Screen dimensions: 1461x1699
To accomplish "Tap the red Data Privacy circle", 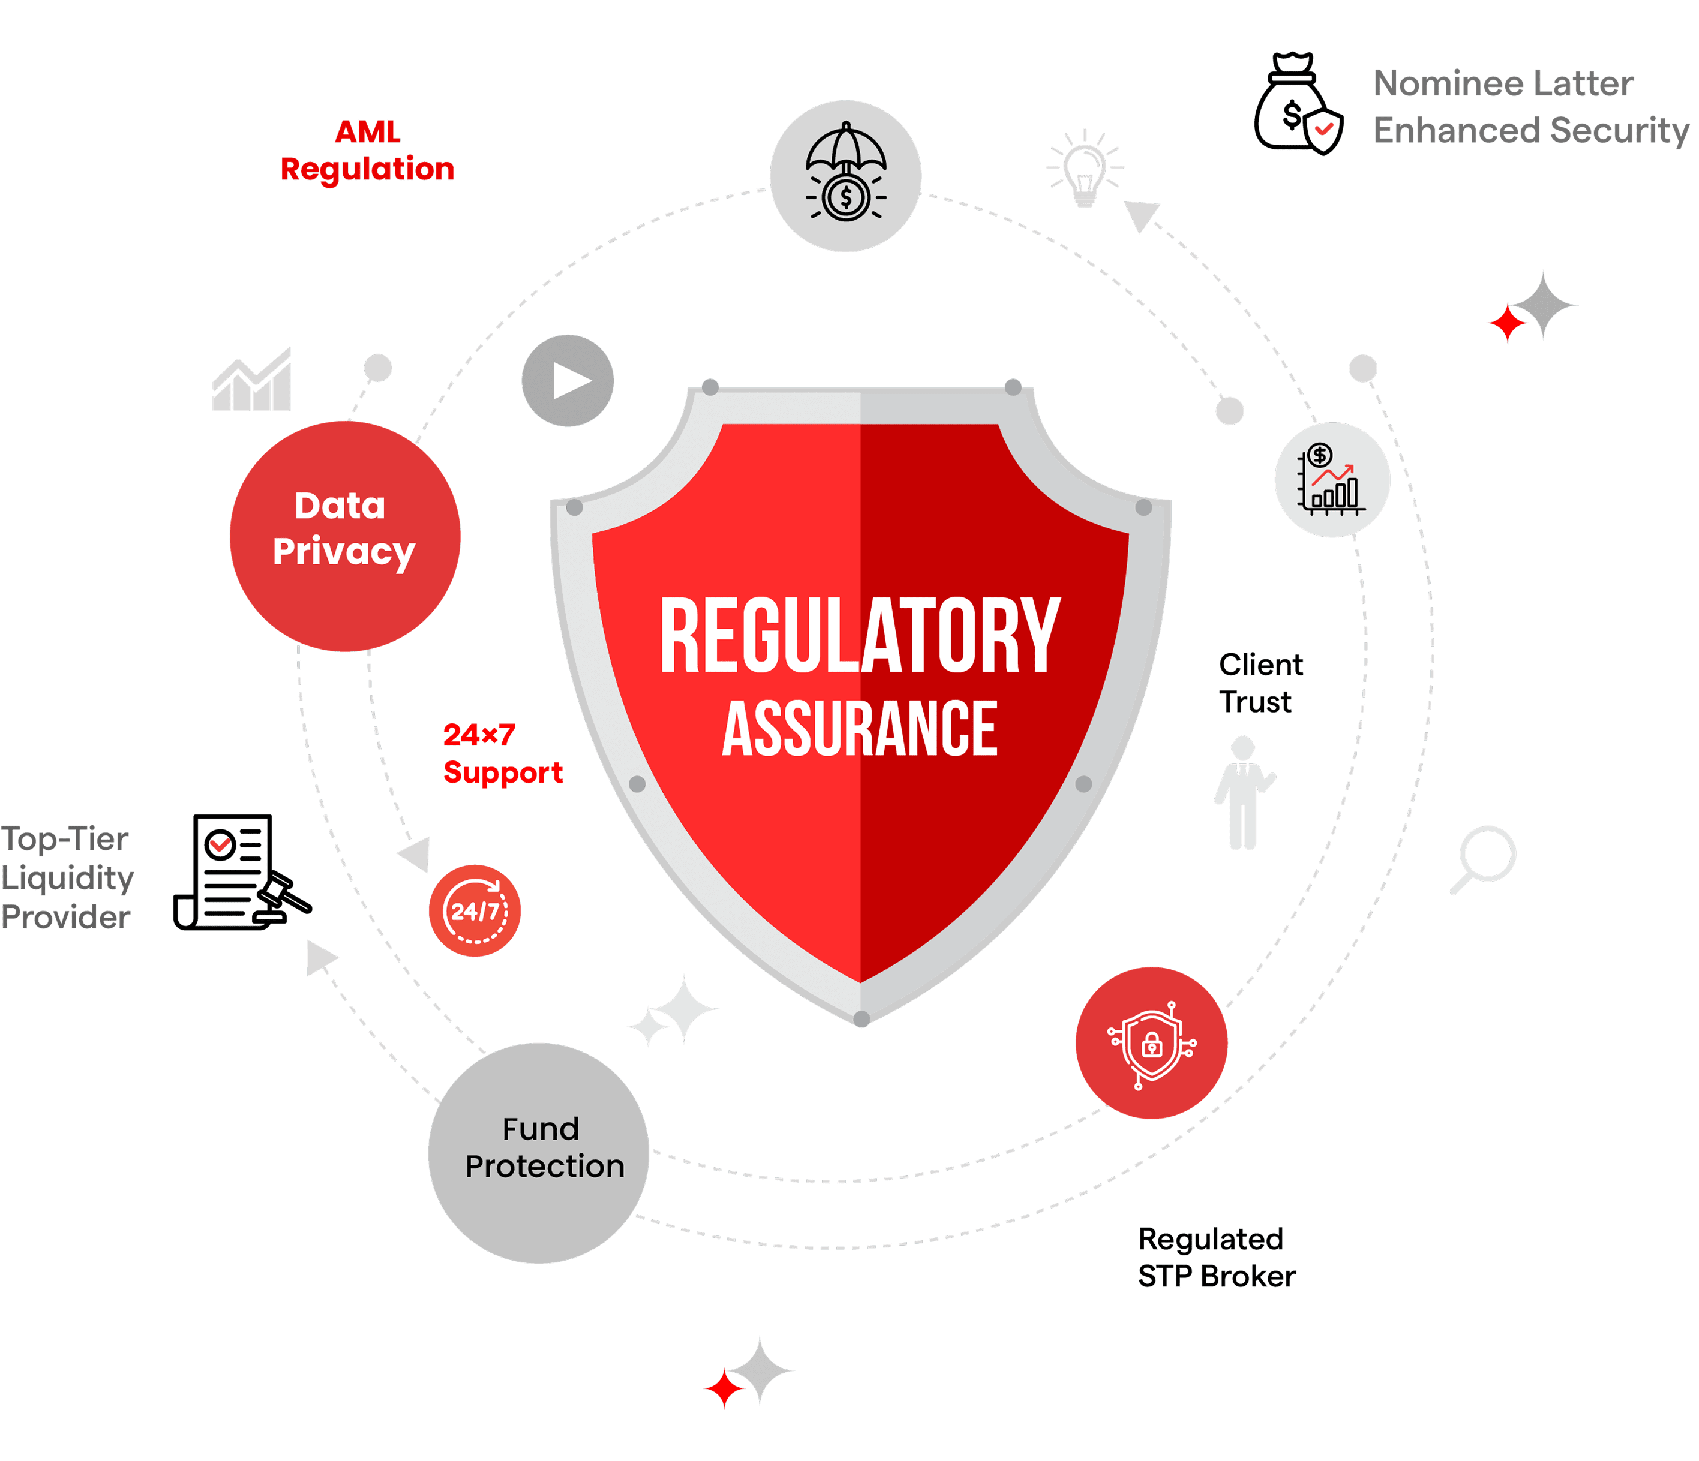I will tap(344, 536).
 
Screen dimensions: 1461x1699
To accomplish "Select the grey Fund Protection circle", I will tap(539, 1152).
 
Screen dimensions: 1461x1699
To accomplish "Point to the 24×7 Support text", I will tap(501, 753).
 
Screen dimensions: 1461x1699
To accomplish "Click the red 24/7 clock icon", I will tap(474, 910).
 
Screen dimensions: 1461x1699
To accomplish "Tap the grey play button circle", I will tap(568, 380).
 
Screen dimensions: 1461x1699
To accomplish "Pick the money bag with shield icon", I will tap(1297, 105).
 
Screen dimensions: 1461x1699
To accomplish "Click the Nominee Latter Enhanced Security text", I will tap(1529, 107).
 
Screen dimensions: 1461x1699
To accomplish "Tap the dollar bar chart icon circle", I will tap(1332, 480).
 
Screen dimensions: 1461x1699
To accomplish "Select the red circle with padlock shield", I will tap(1151, 1043).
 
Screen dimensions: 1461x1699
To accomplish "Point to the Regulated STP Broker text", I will tap(1215, 1257).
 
